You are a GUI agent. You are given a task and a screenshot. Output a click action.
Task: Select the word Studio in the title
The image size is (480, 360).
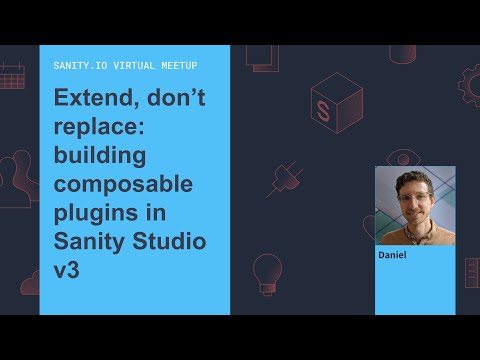170,242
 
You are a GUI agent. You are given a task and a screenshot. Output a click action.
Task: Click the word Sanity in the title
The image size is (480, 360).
89,242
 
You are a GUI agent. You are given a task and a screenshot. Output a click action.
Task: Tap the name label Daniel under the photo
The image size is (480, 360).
393,255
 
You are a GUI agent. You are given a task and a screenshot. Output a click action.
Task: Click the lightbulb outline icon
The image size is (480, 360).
266,271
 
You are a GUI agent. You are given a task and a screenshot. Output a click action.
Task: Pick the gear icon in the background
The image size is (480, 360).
470,84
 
